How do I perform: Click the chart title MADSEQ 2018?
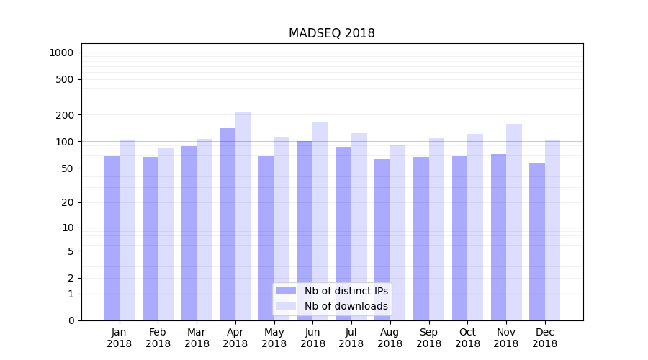331,33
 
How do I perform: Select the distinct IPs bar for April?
228,223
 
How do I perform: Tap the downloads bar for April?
243,216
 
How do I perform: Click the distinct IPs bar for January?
112,238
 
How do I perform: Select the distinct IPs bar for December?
537,241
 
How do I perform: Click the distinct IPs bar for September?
421,238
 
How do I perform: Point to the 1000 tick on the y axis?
61,53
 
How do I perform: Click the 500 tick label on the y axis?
66,79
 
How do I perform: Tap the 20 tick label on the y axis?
68,202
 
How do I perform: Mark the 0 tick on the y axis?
71,320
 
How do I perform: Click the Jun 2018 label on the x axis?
312,338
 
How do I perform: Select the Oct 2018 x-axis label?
467,338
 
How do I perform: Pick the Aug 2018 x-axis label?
390,338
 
